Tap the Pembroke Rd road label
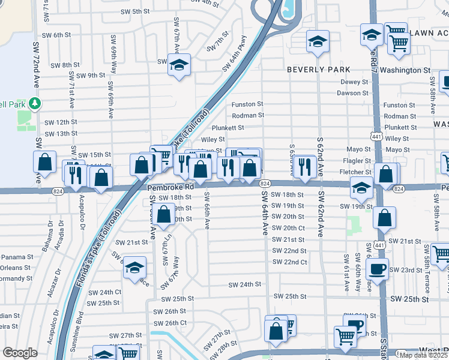[x=171, y=187]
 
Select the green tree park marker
[x=35, y=104]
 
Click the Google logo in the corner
[x=20, y=353]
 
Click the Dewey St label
[x=354, y=82]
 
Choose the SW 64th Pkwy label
[x=234, y=53]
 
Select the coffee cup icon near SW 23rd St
[x=376, y=269]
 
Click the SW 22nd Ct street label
[x=290, y=262]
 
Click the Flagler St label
[x=358, y=161]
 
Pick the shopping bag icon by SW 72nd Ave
[x=44, y=162]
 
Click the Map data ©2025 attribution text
[x=422, y=355]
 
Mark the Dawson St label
[x=353, y=93]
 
